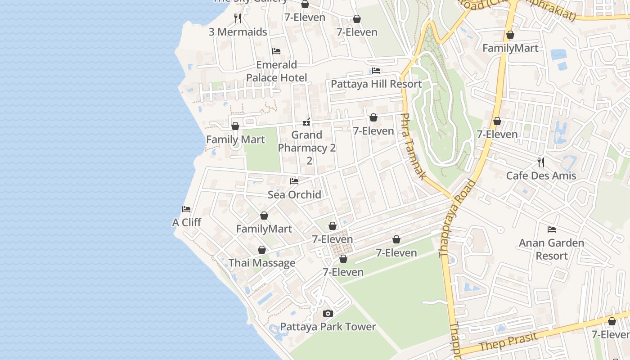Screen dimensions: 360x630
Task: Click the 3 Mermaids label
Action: (x=238, y=32)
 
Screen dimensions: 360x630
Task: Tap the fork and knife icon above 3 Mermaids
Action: (x=238, y=18)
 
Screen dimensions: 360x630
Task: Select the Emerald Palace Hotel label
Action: (x=276, y=71)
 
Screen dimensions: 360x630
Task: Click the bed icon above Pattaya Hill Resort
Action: (x=376, y=71)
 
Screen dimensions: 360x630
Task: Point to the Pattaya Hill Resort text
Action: (x=376, y=84)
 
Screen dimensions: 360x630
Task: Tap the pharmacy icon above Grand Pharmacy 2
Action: (x=307, y=121)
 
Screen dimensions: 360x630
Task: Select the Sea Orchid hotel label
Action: (x=294, y=194)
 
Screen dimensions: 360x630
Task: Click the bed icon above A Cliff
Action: (x=186, y=209)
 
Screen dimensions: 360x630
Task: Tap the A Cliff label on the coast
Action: (x=186, y=222)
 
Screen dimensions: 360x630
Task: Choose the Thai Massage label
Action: (x=262, y=263)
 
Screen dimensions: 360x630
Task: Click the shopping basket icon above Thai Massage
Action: (x=262, y=250)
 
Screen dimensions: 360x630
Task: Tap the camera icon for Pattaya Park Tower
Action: (x=328, y=313)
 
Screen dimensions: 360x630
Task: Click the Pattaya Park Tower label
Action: (x=328, y=327)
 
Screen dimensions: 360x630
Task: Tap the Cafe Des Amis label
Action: (x=541, y=175)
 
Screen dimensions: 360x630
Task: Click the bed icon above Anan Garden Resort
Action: (x=552, y=229)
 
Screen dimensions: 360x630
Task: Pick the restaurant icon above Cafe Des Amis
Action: (x=541, y=162)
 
